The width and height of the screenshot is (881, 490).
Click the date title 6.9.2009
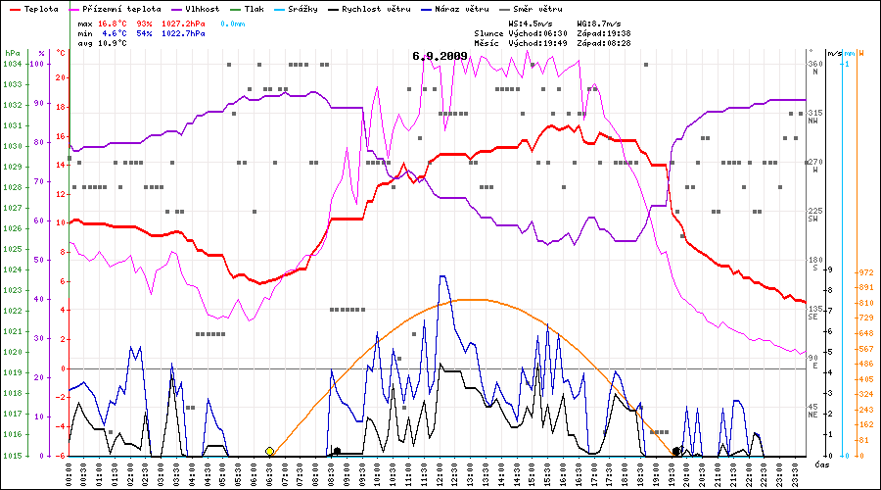click(440, 56)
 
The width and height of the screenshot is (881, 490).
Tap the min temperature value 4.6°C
click(113, 32)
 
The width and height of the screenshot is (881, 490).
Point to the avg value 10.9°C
click(114, 44)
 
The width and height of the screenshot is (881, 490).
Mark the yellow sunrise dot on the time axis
click(269, 451)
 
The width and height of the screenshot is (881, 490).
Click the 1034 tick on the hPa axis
click(13, 64)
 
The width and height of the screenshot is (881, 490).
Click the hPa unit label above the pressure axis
click(12, 53)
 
